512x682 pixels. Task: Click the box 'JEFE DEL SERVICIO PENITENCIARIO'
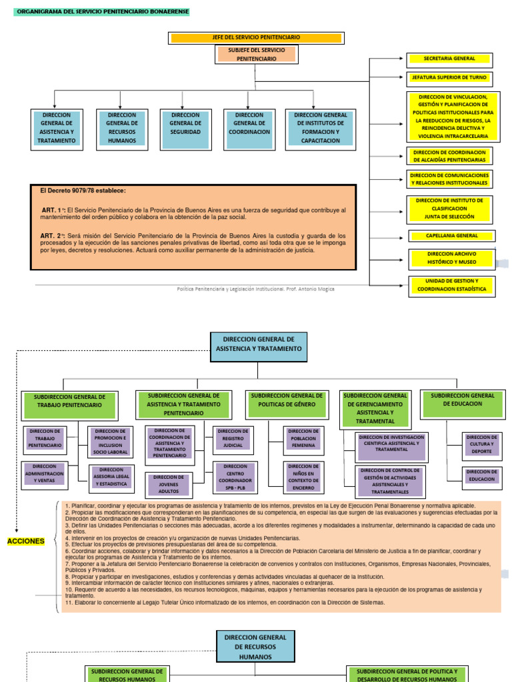tap(256, 37)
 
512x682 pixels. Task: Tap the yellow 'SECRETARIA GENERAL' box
tap(449, 59)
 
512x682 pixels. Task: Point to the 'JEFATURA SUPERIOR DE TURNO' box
tap(449, 77)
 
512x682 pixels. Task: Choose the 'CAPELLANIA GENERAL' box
tap(451, 236)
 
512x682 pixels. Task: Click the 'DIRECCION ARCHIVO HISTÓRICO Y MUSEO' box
tap(451, 259)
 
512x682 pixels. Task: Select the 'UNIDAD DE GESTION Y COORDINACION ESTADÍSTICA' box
tap(451, 286)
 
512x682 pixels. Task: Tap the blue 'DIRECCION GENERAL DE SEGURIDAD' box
tap(185, 123)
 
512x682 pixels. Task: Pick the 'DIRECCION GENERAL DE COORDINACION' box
tap(249, 123)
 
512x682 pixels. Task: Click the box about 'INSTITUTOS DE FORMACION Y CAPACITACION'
tap(320, 128)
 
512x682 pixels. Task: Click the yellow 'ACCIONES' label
tap(25, 541)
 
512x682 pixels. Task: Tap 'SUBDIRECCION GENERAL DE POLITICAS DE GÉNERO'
tap(287, 400)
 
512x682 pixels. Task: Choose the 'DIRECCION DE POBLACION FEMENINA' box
tap(303, 438)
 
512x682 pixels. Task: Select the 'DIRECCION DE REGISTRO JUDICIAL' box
tap(233, 438)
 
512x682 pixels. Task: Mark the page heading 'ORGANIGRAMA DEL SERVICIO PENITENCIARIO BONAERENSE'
tap(102, 12)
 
